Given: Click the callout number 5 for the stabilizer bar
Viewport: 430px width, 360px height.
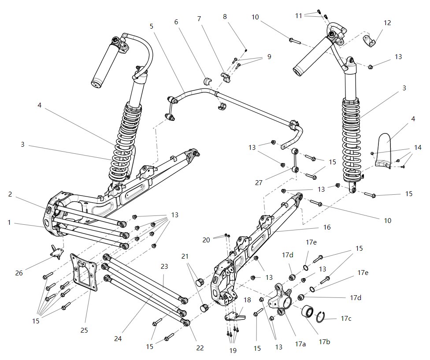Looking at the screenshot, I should tap(152, 26).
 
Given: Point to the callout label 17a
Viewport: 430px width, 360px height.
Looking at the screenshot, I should tap(300, 343).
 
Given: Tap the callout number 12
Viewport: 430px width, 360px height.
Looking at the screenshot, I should tap(387, 22).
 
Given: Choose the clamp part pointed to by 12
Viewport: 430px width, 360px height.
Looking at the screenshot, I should tap(369, 41).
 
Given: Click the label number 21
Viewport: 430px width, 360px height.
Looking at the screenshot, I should tap(185, 256).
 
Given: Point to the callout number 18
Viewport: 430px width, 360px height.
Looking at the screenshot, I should tap(247, 300).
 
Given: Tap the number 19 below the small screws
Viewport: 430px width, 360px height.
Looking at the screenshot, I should tap(233, 350).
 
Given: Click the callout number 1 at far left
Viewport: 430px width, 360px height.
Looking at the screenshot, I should tap(9, 223).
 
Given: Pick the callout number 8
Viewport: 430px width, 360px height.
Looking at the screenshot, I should tap(225, 17).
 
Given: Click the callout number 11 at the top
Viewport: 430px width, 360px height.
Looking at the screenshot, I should tap(299, 15).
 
